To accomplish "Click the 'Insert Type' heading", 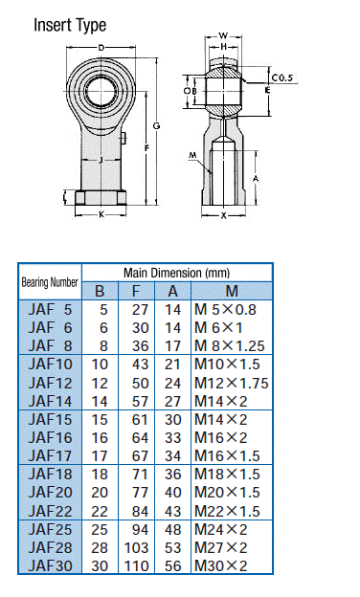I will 70,26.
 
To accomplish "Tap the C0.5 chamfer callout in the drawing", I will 282,77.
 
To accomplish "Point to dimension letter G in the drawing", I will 155,126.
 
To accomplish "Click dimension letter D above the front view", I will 101,47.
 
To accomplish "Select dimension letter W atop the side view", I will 223,35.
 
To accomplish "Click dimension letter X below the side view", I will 224,215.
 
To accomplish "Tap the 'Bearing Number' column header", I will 50,282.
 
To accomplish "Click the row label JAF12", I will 50,383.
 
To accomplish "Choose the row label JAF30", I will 50,565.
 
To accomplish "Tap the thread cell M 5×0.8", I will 227,309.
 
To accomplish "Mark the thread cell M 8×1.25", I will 230,345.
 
